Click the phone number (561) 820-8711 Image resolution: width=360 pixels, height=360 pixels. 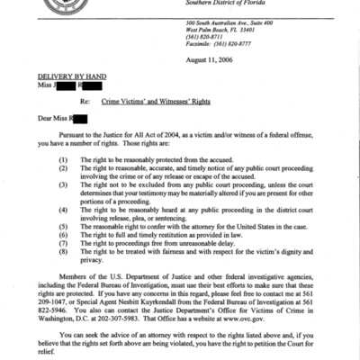(x=243, y=40)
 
